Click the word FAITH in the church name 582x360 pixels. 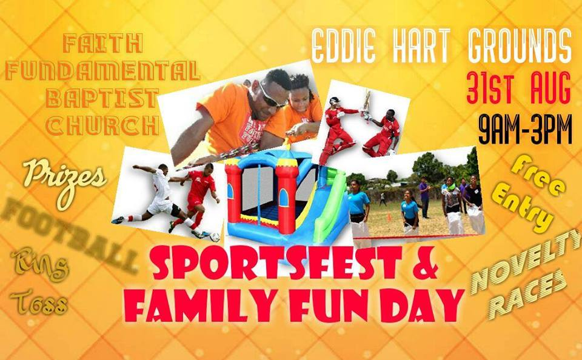pyautogui.click(x=102, y=44)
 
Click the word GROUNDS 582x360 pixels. pyautogui.click(x=521, y=46)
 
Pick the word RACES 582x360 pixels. pyautogui.click(x=527, y=295)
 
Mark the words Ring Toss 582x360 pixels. pyautogui.click(x=39, y=285)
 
